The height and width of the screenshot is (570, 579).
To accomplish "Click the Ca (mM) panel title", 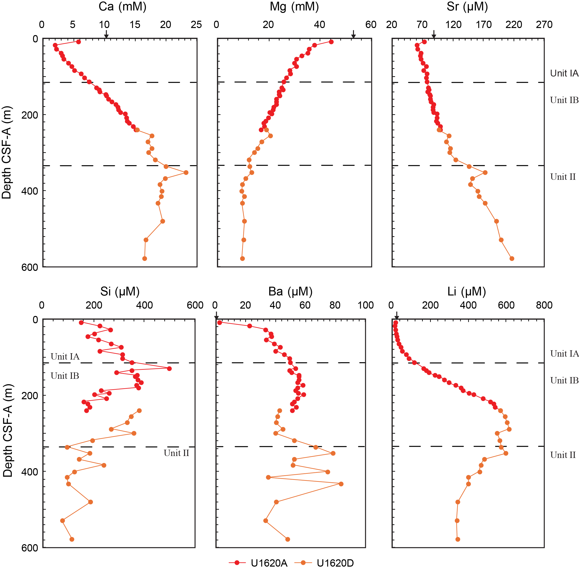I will click(122, 7).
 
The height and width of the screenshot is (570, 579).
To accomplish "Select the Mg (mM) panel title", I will click(294, 7).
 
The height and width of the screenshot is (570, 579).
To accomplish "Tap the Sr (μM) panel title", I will click(467, 7).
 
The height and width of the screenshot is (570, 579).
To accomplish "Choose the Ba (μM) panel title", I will click(290, 291).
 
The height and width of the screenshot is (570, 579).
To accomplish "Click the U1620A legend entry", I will click(258, 563).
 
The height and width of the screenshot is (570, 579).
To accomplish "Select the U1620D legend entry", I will click(324, 563).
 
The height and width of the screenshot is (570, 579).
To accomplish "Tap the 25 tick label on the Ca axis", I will click(196, 25).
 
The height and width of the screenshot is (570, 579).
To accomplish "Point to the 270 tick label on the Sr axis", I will click(544, 25).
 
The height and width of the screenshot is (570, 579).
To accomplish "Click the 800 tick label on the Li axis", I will click(544, 305).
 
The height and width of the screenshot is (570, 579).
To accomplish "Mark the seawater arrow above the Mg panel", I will click(353, 34).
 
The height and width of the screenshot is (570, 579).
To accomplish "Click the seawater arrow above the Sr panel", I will click(434, 34).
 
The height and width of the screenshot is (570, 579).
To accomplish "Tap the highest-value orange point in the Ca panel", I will click(186, 172).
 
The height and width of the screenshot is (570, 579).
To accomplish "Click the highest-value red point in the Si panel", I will click(169, 368).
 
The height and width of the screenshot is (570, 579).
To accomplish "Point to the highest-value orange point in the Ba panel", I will click(341, 484).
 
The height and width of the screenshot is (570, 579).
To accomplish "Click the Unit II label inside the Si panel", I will click(176, 453).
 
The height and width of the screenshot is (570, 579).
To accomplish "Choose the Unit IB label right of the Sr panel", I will click(564, 100).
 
